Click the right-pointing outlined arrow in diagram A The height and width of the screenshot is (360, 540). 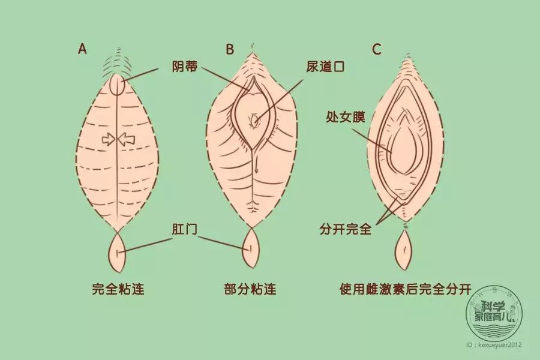[109, 140]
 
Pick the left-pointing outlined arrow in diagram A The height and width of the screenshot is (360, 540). [128, 140]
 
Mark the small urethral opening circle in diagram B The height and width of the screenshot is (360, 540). [255, 121]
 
